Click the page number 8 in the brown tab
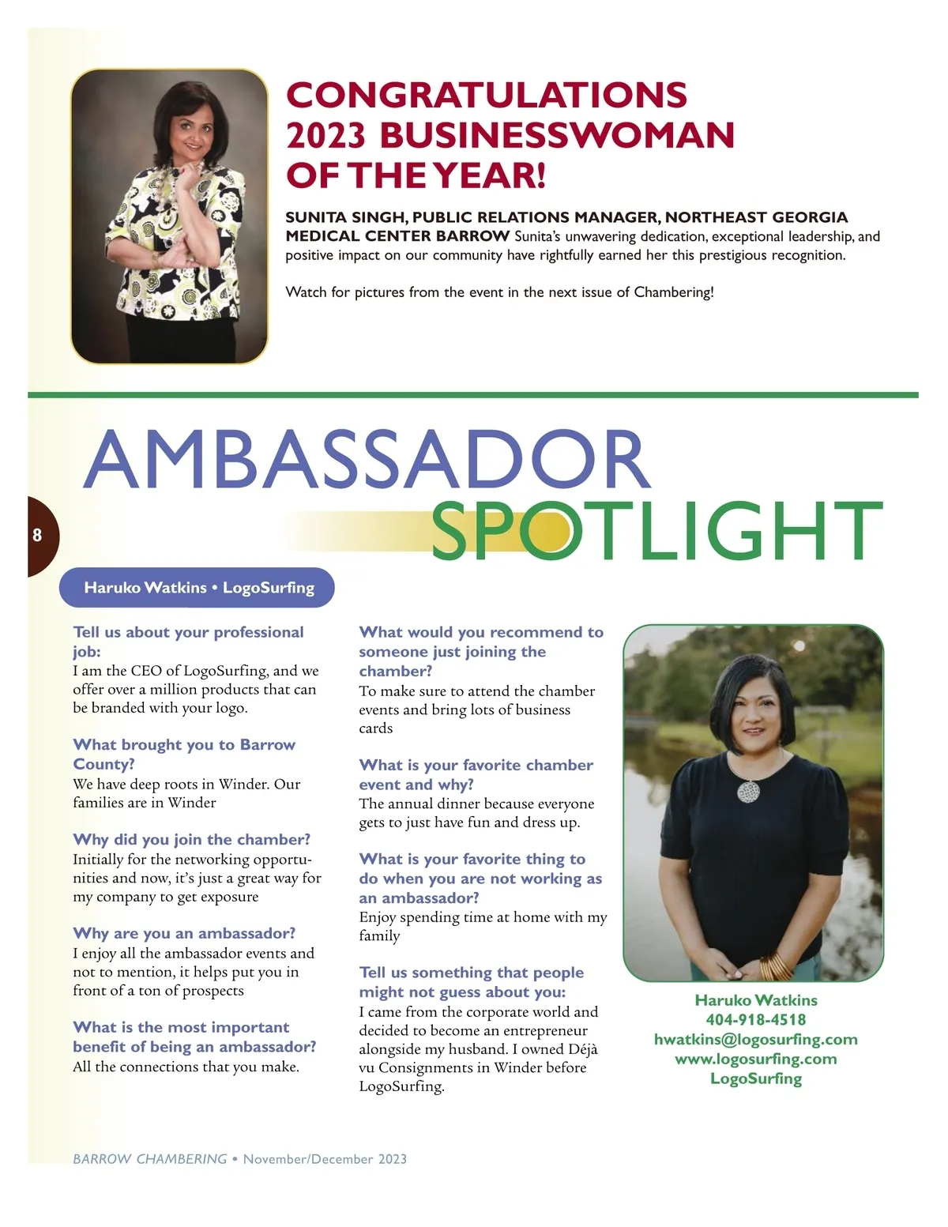pos(37,536)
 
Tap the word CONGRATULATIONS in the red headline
pos(486,96)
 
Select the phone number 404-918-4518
pos(756,1020)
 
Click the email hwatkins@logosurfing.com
pos(756,1040)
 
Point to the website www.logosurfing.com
pos(756,1060)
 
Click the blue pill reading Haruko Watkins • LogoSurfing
pos(198,588)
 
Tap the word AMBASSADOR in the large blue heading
pos(367,461)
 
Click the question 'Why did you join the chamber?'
pos(191,840)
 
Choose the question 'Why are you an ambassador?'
pos(184,934)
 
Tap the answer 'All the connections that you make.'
pos(186,1067)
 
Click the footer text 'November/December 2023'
pos(325,1159)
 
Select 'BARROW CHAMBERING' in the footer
pos(150,1159)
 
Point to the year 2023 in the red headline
pos(325,136)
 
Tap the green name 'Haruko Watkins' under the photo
pos(756,1000)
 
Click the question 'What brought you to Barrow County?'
pos(183,755)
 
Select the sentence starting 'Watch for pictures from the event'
pos(499,292)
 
